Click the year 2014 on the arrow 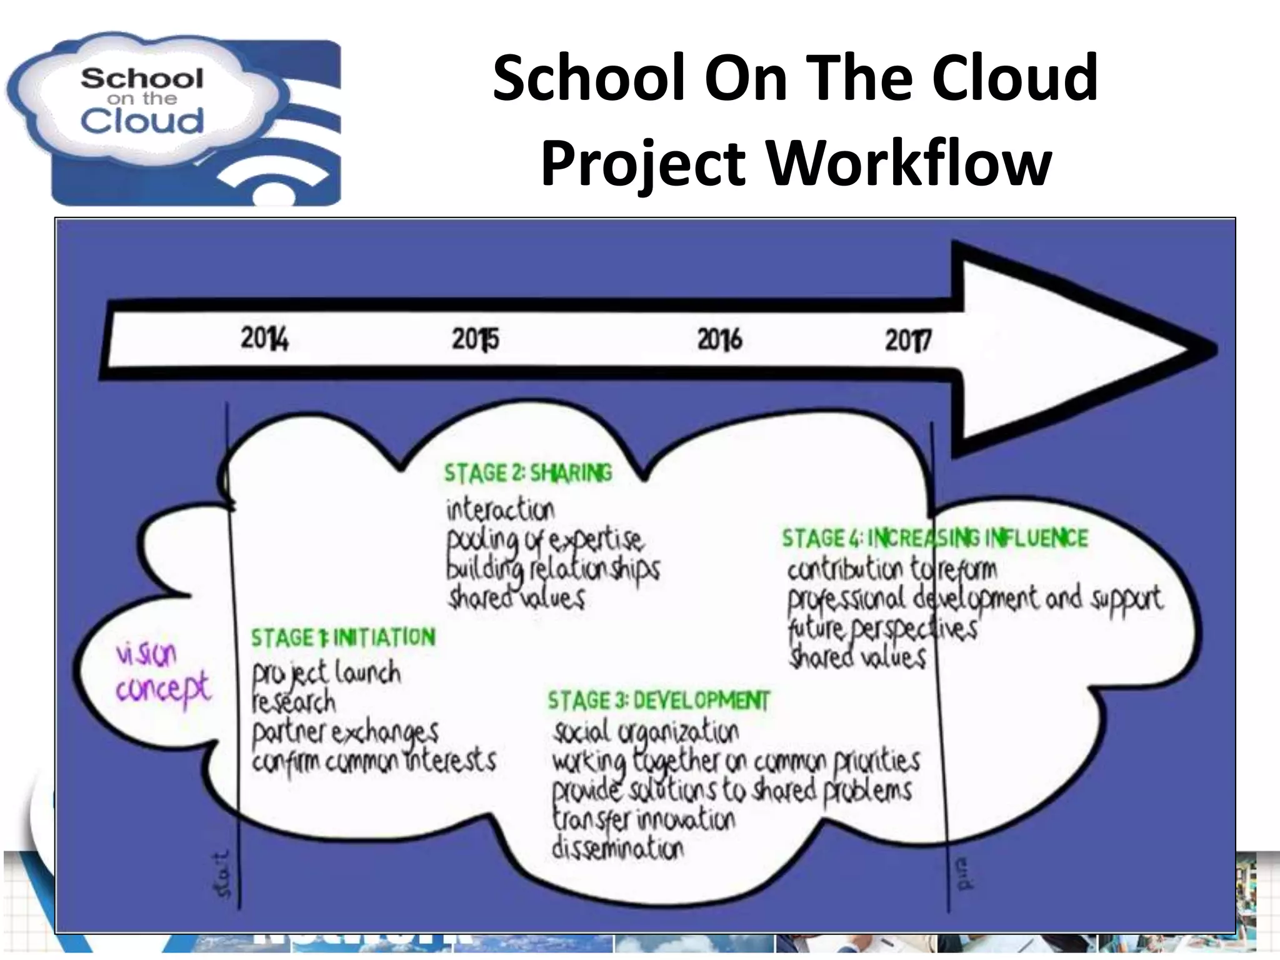coord(264,339)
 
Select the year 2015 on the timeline coord(475,340)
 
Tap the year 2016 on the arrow coord(719,340)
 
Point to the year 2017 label coord(907,341)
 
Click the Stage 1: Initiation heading coord(343,637)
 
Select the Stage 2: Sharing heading coord(528,473)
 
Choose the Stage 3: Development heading coord(659,701)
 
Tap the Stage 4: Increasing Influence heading coord(935,538)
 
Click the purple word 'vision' coord(146,654)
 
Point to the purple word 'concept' coord(163,689)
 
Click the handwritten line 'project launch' coord(326,674)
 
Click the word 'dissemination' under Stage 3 coord(617,849)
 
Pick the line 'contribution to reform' coord(892,569)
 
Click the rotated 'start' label coord(223,873)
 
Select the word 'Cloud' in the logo coord(142,121)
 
